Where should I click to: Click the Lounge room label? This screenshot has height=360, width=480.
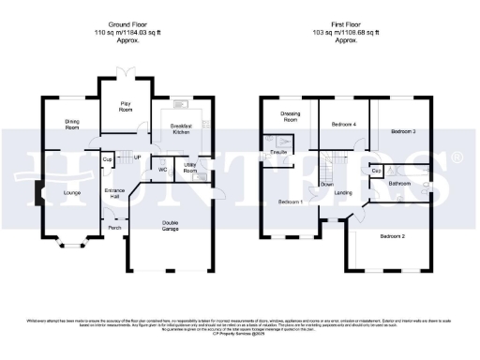click(x=71, y=192)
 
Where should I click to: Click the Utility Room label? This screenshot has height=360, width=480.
click(x=189, y=170)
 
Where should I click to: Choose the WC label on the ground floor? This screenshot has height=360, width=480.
click(x=161, y=170)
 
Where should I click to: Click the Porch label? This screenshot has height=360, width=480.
click(x=114, y=227)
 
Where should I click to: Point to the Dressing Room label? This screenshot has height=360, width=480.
click(x=290, y=117)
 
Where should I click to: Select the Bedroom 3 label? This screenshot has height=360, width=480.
click(x=403, y=131)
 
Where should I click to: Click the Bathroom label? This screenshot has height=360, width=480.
click(x=401, y=184)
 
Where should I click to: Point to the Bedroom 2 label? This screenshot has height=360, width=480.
click(x=392, y=236)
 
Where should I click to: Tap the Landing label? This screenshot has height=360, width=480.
click(x=343, y=193)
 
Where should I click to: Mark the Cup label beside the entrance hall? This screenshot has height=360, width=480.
click(x=107, y=160)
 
